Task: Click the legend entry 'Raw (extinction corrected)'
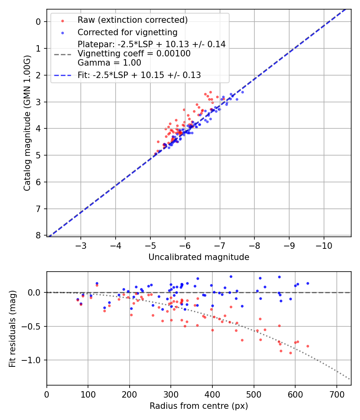tap(132, 20)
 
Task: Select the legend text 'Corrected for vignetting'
tap(127, 32)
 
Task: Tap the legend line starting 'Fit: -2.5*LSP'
tap(139, 75)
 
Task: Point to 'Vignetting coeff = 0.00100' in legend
tap(134, 54)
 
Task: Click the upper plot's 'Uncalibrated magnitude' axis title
tap(199, 257)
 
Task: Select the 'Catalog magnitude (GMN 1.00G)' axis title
tap(27, 129)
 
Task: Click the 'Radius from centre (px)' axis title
tap(199, 406)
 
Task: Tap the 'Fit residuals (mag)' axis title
tap(13, 329)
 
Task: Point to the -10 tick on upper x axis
tap(324, 245)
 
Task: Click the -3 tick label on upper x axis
tap(81, 245)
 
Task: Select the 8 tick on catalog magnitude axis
tap(39, 236)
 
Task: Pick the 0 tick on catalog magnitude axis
tap(39, 22)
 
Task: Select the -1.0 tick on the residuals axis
tap(34, 360)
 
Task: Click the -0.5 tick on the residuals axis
tap(34, 326)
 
